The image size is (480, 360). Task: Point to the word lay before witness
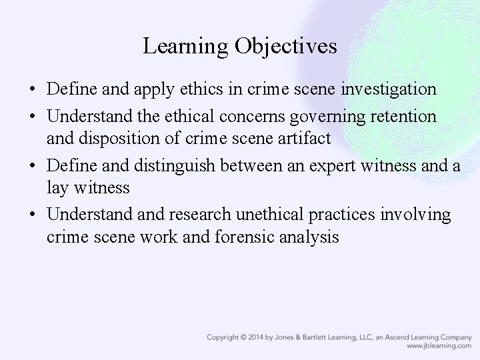point(58,187)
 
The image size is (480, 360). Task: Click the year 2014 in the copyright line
point(263,337)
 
